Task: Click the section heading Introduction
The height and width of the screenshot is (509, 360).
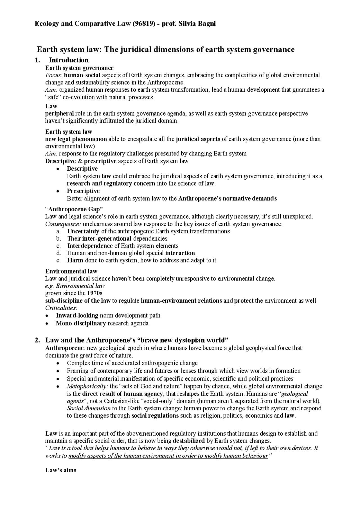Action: (69, 60)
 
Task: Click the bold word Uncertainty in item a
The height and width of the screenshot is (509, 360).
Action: (83, 231)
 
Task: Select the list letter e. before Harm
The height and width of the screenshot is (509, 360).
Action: (58, 260)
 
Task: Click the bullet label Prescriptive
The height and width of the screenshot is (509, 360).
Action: (83, 191)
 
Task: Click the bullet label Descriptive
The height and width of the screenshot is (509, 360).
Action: (82, 169)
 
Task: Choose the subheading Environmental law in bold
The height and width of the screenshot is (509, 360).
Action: (71, 271)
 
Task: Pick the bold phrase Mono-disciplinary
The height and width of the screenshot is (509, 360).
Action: (81, 323)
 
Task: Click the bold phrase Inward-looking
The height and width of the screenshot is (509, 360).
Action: (77, 315)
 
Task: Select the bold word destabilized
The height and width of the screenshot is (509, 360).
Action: (189, 441)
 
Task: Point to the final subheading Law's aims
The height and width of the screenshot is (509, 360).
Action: (61, 470)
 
